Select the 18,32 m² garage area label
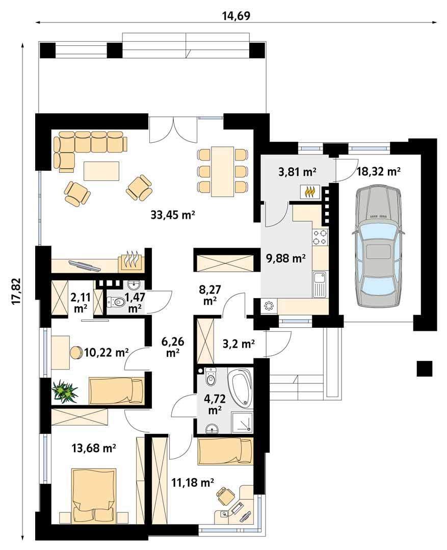tap(379, 171)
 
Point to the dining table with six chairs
tap(223, 171)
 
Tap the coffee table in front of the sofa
tap(102, 170)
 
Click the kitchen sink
tap(320, 284)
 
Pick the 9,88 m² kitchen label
tap(285, 258)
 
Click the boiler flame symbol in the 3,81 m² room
tap(310, 192)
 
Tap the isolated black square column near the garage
tap(424, 368)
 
